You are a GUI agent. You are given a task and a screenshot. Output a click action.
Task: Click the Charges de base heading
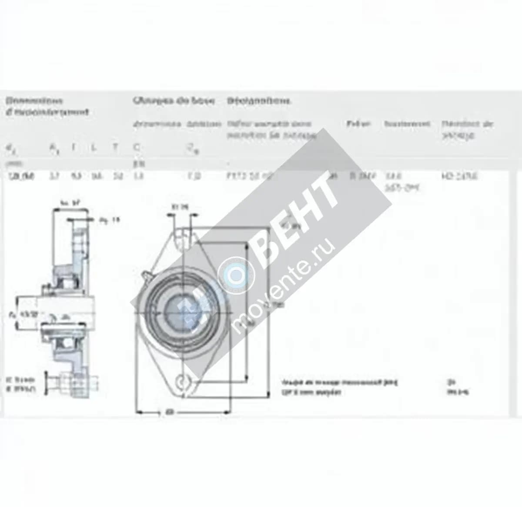174,101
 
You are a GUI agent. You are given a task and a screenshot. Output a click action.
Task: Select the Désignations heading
259,101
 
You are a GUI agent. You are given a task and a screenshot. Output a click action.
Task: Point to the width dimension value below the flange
167,411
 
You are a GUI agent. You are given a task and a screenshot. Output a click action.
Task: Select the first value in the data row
22,176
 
